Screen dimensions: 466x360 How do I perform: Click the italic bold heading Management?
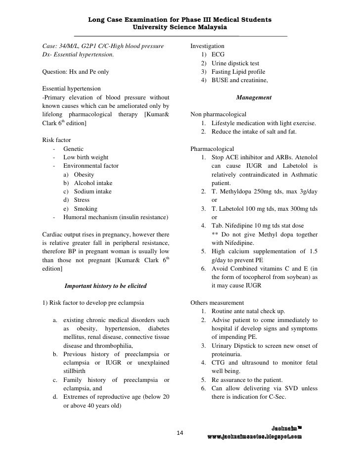254,98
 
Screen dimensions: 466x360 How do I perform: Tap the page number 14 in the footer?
180,433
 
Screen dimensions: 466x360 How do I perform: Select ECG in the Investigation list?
218,54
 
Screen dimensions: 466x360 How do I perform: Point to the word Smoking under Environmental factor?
86,209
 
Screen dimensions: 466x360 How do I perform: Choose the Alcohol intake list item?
93,183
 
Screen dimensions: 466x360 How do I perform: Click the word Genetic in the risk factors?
73,149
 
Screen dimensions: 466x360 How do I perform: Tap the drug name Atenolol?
302,157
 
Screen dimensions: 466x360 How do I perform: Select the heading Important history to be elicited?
105,286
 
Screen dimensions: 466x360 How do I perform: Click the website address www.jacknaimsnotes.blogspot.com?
254,437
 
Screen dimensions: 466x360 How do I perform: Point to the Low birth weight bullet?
86,157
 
